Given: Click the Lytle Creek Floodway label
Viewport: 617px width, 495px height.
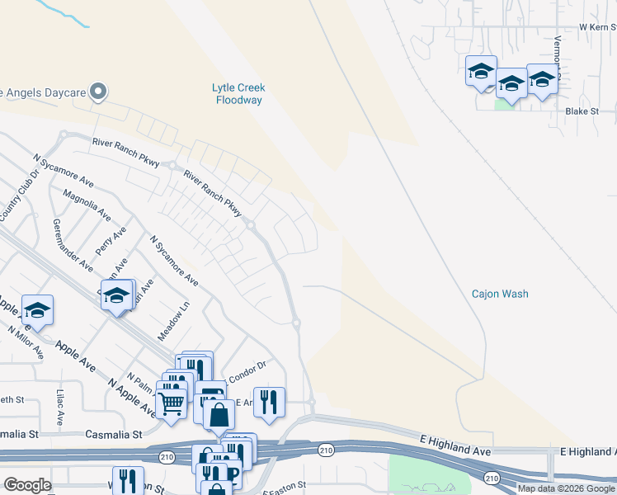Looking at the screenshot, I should point(238,94).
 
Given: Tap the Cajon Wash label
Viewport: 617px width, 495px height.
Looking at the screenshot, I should point(500,294).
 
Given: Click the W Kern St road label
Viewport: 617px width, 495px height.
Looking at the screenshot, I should point(597,27).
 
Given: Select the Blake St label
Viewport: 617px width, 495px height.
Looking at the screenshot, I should point(581,111).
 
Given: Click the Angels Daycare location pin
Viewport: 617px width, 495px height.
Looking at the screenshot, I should point(98,91).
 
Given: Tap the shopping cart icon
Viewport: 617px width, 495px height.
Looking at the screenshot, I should point(171,403).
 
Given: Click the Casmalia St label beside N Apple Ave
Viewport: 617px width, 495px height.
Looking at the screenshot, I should point(115,433).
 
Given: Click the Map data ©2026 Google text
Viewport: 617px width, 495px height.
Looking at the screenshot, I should point(566,488).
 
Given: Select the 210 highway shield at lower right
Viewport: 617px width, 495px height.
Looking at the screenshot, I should point(492,478).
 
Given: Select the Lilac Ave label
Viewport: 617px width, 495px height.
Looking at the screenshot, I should point(60,408).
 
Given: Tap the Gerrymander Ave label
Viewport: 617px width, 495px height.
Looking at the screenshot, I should point(73,245).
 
